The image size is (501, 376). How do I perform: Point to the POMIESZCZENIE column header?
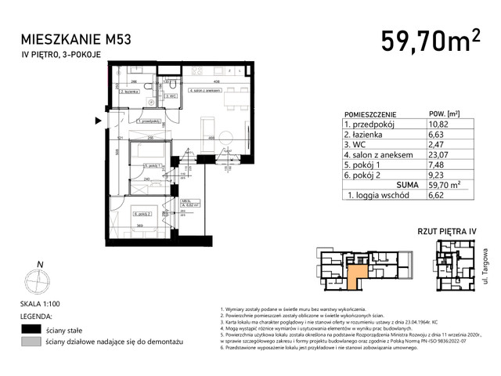click(x=369, y=113)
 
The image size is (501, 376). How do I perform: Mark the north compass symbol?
click(x=36, y=280)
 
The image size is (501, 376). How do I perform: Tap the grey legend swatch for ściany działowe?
click(x=31, y=343)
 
